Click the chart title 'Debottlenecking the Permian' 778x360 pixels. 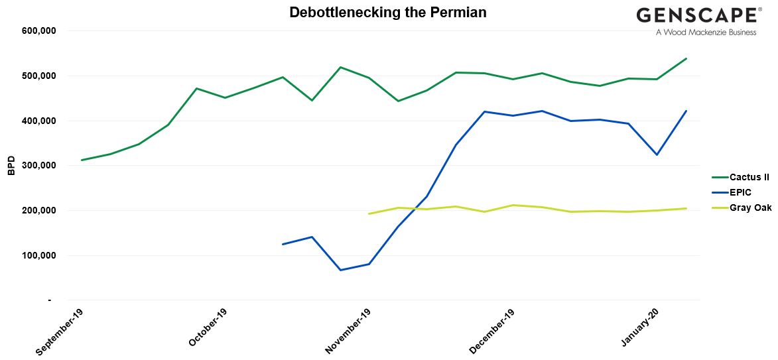click(x=388, y=13)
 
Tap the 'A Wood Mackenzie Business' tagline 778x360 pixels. click(x=706, y=32)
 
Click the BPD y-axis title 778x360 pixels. click(x=11, y=166)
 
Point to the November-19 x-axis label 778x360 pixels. click(x=349, y=330)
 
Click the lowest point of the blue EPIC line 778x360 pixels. click(x=340, y=270)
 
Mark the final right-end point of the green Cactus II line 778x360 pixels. click(x=686, y=58)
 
